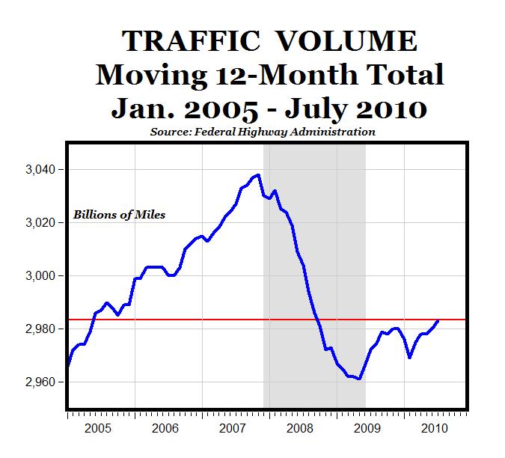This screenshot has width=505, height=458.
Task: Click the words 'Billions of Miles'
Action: coord(119,215)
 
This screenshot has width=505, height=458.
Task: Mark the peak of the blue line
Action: coord(258,175)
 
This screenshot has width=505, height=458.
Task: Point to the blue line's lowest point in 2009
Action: coord(360,379)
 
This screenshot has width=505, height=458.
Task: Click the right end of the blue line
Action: coord(438,320)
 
